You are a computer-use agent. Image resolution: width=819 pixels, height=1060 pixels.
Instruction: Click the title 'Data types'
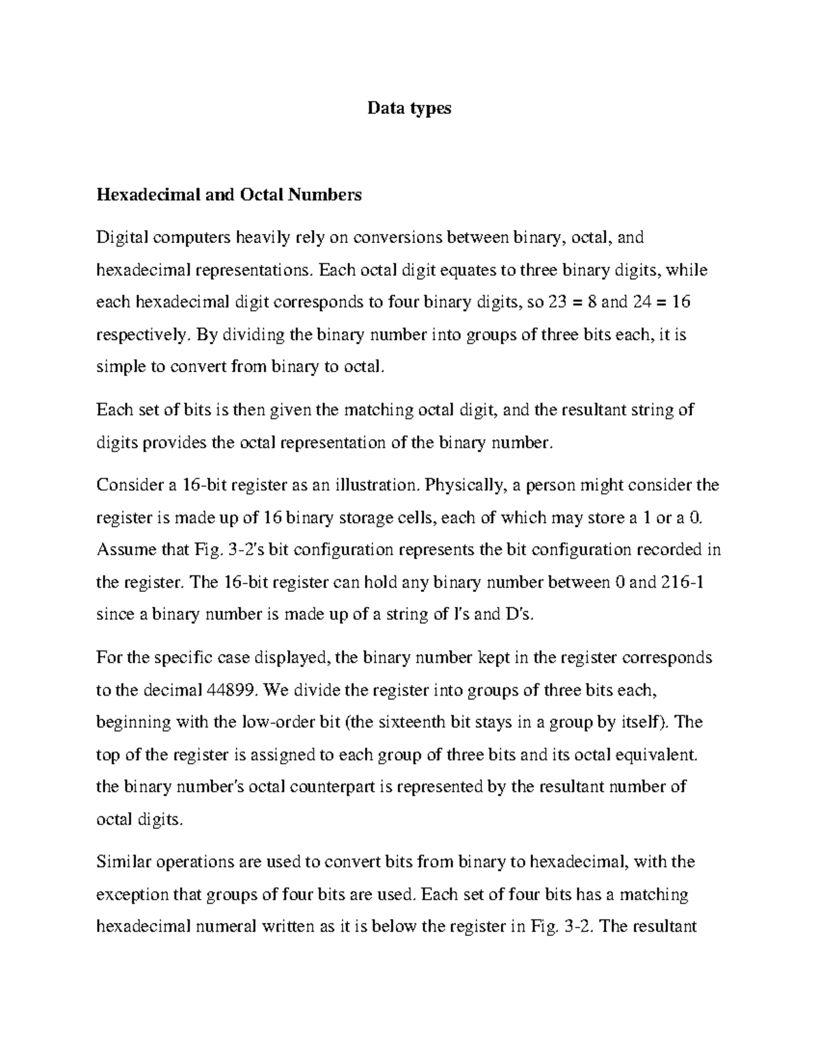409,108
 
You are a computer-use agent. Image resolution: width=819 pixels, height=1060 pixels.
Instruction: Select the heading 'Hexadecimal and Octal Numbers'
229,195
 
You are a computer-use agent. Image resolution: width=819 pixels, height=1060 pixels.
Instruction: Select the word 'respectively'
140,335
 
